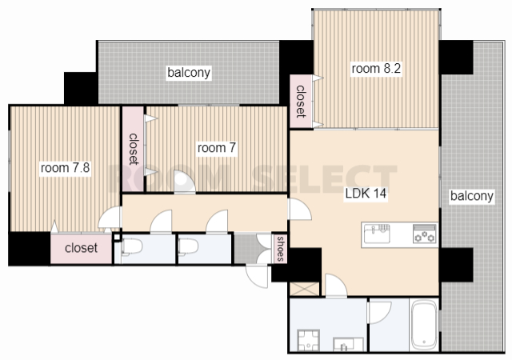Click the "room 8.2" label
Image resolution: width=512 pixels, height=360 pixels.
click(x=376, y=69)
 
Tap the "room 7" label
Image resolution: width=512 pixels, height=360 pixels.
click(x=217, y=148)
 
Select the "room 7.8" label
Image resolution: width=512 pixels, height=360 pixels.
click(x=65, y=168)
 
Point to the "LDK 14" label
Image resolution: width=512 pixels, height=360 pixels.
click(x=366, y=194)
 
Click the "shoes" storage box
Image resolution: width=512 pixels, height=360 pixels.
click(x=280, y=249)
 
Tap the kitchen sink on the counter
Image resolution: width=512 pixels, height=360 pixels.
click(x=377, y=234)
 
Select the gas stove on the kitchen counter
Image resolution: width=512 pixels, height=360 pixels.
click(x=425, y=234)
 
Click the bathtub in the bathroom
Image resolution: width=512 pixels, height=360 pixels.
click(x=424, y=325)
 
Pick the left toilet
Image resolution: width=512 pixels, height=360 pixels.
click(x=131, y=247)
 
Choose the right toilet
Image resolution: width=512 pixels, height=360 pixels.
click(x=188, y=247)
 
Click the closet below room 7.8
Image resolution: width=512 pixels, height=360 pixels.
click(x=82, y=249)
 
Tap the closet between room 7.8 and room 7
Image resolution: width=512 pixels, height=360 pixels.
click(x=134, y=149)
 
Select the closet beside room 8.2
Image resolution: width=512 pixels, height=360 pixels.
click(x=301, y=102)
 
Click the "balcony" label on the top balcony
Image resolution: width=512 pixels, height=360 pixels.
click(x=189, y=73)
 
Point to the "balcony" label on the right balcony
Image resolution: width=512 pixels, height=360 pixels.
click(x=471, y=196)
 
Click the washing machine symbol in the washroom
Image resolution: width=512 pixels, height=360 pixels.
click(x=308, y=340)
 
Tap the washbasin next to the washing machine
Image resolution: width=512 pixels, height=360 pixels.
click(x=348, y=344)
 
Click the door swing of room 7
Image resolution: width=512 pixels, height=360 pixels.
click(x=185, y=182)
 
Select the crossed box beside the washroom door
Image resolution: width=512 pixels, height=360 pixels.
click(x=304, y=289)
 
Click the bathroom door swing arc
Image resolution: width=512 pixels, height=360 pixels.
click(x=379, y=312)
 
